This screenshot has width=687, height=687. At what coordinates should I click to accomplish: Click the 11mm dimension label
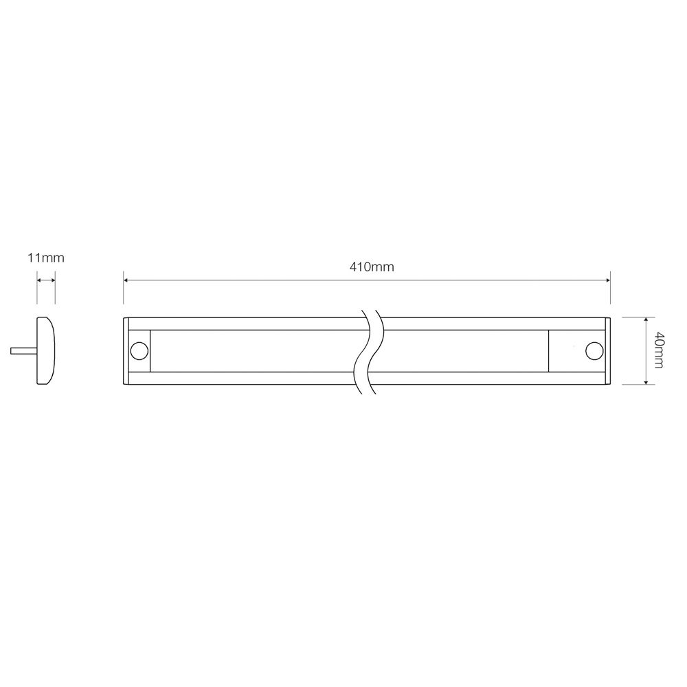click(45, 258)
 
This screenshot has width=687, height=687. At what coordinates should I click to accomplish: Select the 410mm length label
click(372, 267)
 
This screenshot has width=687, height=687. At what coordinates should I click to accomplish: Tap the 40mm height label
click(658, 350)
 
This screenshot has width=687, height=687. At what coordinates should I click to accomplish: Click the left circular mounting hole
click(139, 350)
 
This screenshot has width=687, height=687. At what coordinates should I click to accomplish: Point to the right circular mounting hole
click(593, 350)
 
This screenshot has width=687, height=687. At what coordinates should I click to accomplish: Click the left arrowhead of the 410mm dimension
click(127, 280)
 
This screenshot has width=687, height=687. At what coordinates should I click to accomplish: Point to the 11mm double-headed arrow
click(45, 280)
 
